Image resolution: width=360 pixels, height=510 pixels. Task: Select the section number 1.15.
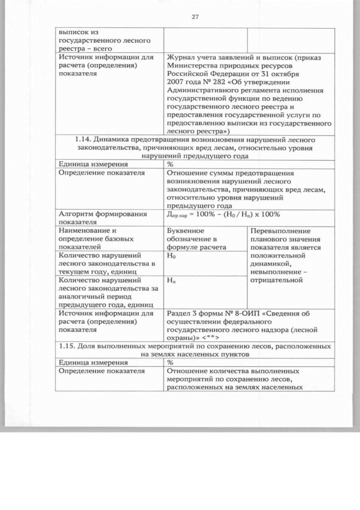point(68,345)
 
